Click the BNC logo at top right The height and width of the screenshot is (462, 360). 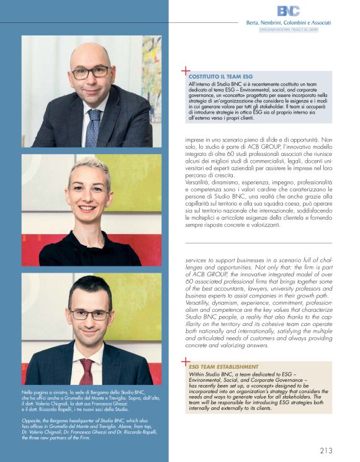(287, 11)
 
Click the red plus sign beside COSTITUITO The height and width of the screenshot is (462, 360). (184, 72)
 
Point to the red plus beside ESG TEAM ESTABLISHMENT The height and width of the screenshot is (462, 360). (184, 361)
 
